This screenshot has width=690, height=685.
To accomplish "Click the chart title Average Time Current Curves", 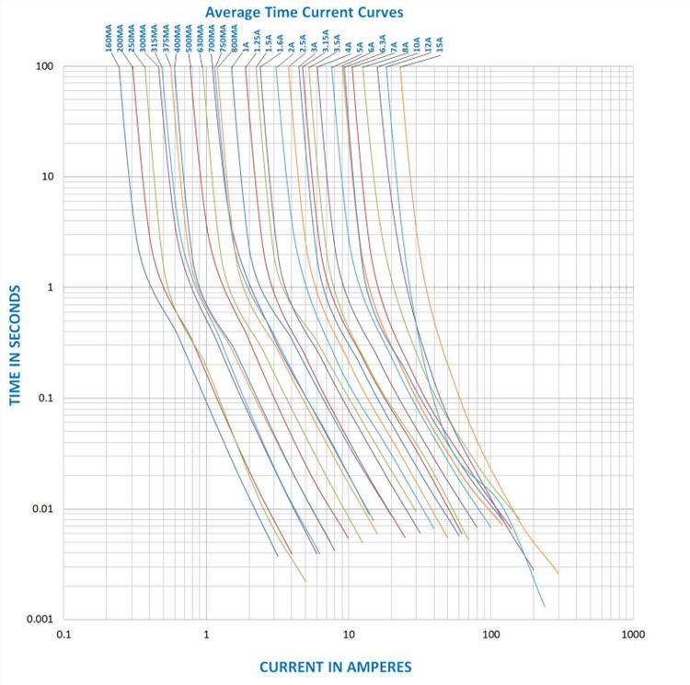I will pyautogui.click(x=304, y=13).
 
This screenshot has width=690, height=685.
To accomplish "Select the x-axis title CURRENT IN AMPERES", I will pyautogui.click(x=335, y=666).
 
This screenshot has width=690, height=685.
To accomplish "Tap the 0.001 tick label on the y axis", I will pyautogui.click(x=39, y=620).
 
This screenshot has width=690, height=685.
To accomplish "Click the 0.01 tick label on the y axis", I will pyautogui.click(x=42, y=509).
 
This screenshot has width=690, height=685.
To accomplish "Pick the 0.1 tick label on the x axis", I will pyautogui.click(x=63, y=634).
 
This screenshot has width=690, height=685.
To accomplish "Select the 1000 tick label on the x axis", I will pyautogui.click(x=633, y=634).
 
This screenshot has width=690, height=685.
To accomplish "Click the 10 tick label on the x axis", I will pyautogui.click(x=349, y=634).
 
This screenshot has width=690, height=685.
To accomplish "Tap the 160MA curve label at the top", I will pyautogui.click(x=109, y=44).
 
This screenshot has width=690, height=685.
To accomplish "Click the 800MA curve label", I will pyautogui.click(x=236, y=44).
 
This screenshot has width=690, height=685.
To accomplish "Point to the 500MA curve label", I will pyautogui.click(x=189, y=44).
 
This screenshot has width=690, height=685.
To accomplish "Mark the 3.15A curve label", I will pyautogui.click(x=326, y=45).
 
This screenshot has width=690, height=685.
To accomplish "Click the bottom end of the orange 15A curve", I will pyautogui.click(x=558, y=573).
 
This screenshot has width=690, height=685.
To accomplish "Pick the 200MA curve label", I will pyautogui.click(x=121, y=44).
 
